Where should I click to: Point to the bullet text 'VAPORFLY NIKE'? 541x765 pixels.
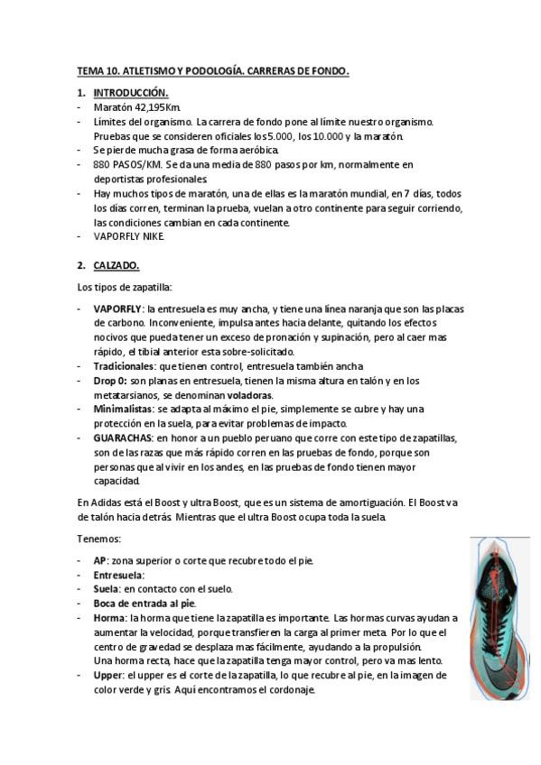pyautogui.click(x=129, y=236)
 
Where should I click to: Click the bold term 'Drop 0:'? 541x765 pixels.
pyautogui.click(x=111, y=381)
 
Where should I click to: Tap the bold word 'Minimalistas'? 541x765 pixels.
pyautogui.click(x=123, y=410)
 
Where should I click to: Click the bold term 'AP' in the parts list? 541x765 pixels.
pyautogui.click(x=99, y=560)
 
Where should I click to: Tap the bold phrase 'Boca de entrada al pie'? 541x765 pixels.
pyautogui.click(x=144, y=603)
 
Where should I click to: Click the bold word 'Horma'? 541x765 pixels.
pyautogui.click(x=109, y=618)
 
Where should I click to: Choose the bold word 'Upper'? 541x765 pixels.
pyautogui.click(x=109, y=675)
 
